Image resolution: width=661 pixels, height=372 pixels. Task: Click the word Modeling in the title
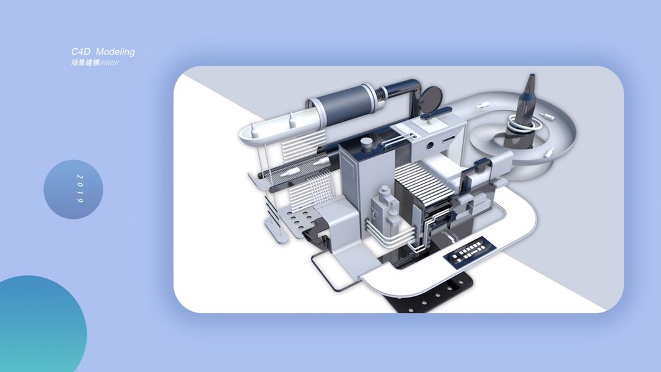coord(115,52)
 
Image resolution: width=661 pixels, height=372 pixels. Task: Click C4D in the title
coord(81,51)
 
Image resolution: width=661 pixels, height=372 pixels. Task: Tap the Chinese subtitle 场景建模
coord(85,63)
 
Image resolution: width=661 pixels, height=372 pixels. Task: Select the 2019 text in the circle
coord(80,189)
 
